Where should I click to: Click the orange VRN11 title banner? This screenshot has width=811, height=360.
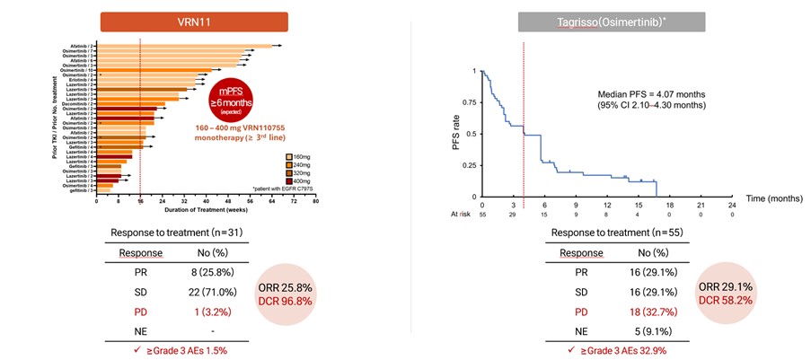click(194, 22)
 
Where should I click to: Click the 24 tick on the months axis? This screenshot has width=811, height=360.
click(732, 205)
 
